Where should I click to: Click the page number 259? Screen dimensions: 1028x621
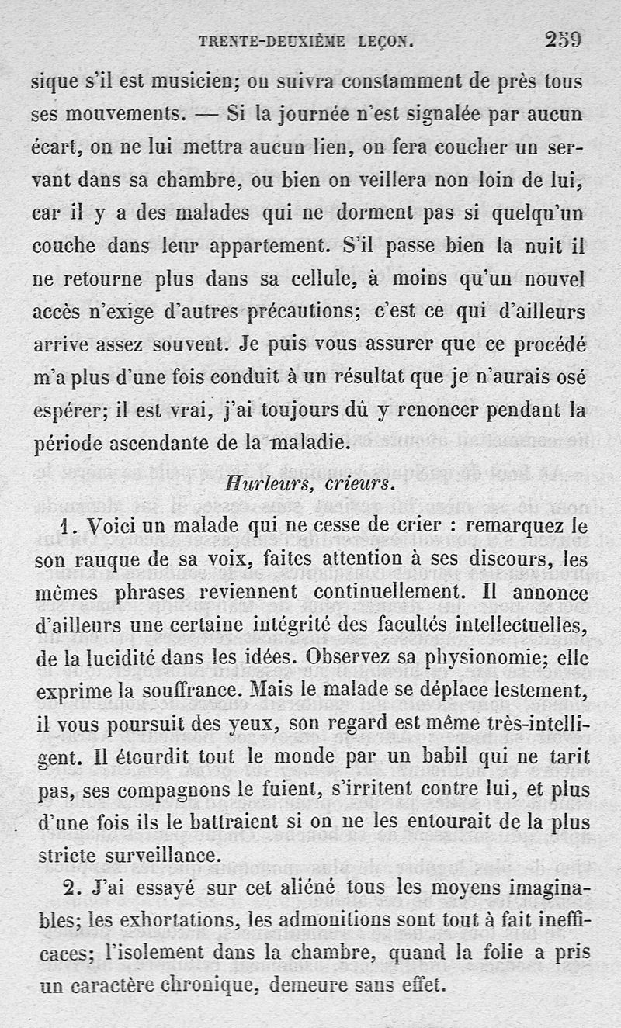[564, 39]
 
